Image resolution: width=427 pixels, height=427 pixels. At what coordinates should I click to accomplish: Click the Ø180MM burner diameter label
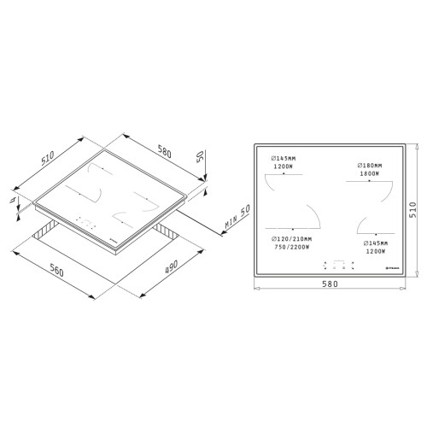(x=369, y=165)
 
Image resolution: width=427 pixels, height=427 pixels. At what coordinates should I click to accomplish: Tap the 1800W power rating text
(x=370, y=173)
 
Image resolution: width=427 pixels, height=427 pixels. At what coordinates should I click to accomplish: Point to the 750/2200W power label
(x=286, y=247)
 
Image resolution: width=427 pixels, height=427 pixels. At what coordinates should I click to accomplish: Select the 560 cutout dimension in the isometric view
(x=56, y=272)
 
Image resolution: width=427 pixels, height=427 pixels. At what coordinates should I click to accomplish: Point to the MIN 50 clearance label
(x=229, y=220)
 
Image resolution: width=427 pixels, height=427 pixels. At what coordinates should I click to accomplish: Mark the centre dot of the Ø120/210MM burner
(x=293, y=229)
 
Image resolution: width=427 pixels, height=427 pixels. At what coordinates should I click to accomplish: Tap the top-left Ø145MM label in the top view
(x=284, y=158)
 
